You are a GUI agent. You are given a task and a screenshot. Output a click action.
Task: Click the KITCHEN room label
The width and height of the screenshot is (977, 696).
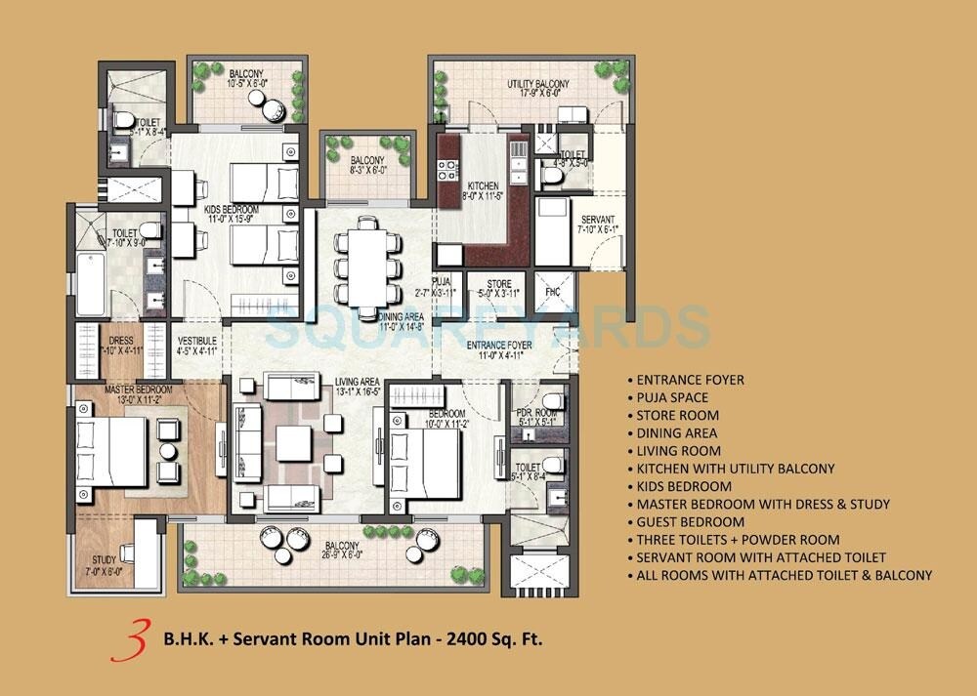483,185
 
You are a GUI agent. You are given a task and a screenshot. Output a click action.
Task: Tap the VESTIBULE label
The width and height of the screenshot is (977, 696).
196,342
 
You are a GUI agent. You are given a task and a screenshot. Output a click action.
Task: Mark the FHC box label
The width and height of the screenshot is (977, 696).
552,291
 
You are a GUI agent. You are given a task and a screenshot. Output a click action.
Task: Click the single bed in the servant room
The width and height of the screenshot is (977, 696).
551,232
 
